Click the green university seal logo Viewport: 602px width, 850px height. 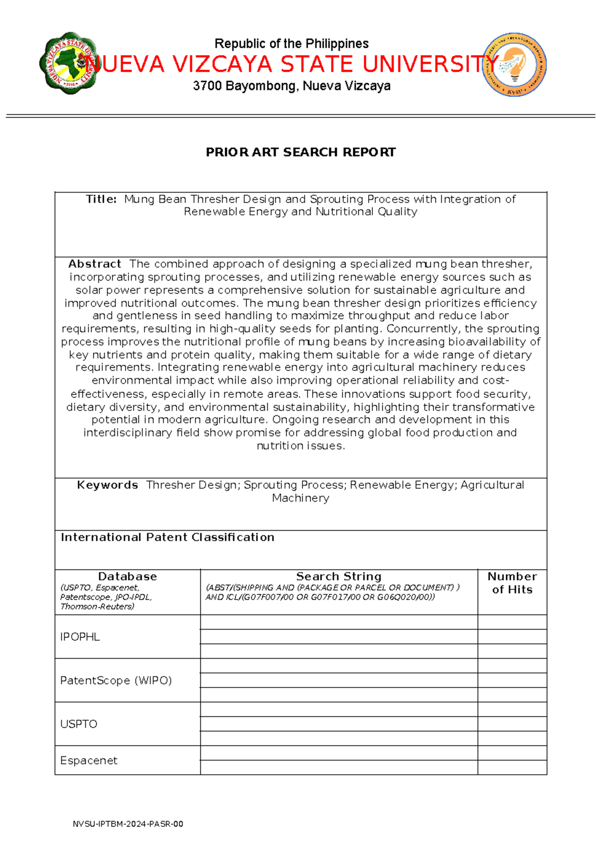67,63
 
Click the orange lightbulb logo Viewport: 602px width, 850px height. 514,65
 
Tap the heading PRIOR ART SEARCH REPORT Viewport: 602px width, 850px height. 300,152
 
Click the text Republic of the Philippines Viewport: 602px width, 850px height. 291,44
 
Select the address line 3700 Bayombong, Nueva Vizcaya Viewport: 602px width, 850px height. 291,86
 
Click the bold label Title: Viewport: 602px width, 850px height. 101,199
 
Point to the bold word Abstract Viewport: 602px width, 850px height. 95,264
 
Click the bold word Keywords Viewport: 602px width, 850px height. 107,485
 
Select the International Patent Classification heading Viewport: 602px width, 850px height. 168,537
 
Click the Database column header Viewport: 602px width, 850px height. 127,576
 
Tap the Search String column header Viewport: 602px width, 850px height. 339,576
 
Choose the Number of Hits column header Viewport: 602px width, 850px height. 512,583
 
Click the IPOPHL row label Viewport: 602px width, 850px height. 80,637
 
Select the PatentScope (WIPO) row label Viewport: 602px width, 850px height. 116,681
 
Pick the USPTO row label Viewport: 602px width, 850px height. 79,724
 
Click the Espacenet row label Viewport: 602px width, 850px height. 89,761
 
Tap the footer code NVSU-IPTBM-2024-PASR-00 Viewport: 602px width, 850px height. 128,824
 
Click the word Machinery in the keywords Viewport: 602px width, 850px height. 300,498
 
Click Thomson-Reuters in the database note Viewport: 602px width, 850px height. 97,607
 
